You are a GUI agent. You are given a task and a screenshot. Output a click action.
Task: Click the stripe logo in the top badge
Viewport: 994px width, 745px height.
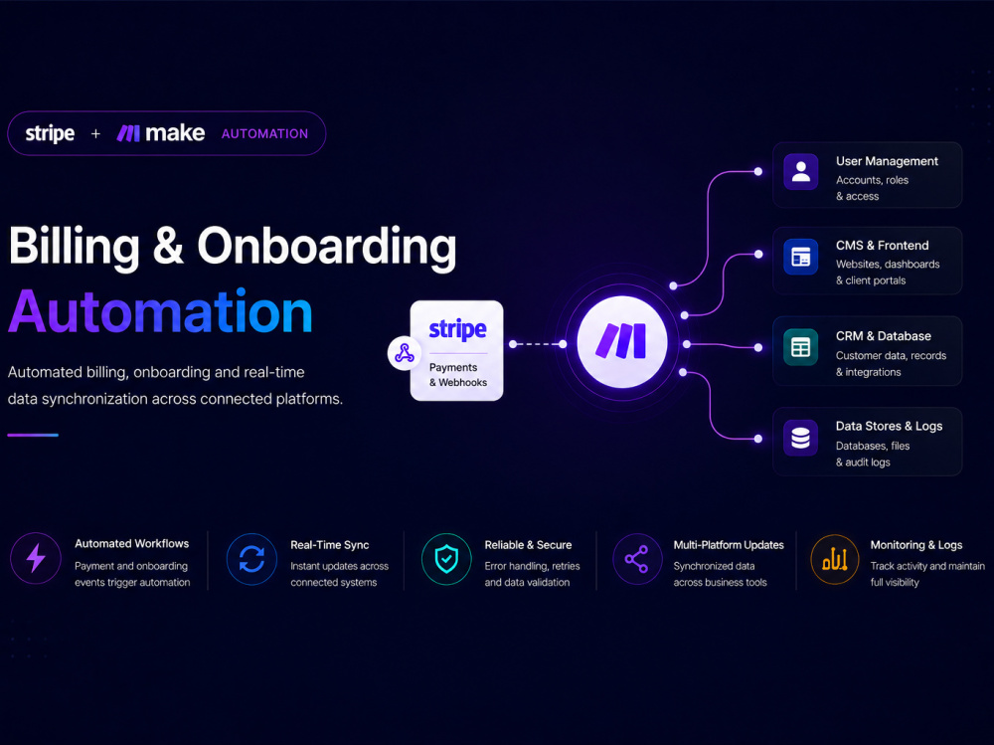pos(50,133)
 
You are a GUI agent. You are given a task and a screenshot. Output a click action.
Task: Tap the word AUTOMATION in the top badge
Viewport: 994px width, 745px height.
pos(265,134)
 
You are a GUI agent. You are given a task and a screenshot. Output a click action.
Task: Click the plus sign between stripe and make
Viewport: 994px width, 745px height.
pos(95,134)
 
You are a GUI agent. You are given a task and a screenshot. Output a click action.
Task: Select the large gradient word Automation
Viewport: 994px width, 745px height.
pos(160,311)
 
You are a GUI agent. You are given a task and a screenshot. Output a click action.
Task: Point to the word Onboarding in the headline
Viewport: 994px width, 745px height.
pos(326,247)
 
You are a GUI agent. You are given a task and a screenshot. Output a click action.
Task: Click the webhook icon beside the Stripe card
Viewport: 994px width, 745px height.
pos(405,353)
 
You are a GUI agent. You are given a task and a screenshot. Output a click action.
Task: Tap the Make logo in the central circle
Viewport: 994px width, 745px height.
pos(621,341)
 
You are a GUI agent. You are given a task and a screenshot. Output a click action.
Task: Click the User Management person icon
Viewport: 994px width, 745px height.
pos(800,172)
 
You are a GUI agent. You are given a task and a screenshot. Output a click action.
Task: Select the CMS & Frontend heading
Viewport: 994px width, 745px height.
pos(882,246)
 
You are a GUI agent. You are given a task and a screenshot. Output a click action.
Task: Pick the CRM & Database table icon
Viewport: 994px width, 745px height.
pos(800,348)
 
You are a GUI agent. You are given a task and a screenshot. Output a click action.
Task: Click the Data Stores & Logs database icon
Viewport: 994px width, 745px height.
pos(800,438)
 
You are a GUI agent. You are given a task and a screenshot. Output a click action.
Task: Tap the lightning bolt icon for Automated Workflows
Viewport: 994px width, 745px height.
pos(36,558)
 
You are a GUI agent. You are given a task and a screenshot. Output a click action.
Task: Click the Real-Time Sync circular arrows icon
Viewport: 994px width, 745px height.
pos(251,559)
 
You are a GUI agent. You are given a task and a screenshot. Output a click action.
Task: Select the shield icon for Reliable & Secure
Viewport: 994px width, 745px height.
pos(446,559)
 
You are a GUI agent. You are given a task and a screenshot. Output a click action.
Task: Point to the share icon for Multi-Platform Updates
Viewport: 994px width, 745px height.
pos(636,559)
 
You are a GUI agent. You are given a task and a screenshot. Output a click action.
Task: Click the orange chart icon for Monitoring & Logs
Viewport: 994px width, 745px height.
pos(835,559)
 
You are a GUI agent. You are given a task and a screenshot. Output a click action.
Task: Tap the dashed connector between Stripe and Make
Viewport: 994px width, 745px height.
pos(538,344)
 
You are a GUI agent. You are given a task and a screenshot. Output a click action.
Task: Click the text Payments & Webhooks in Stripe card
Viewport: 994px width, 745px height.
pos(457,375)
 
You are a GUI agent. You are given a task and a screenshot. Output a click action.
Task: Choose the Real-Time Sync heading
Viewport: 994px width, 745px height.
pos(330,545)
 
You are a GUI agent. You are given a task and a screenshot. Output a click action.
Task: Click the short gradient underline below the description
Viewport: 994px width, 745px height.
pos(33,435)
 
